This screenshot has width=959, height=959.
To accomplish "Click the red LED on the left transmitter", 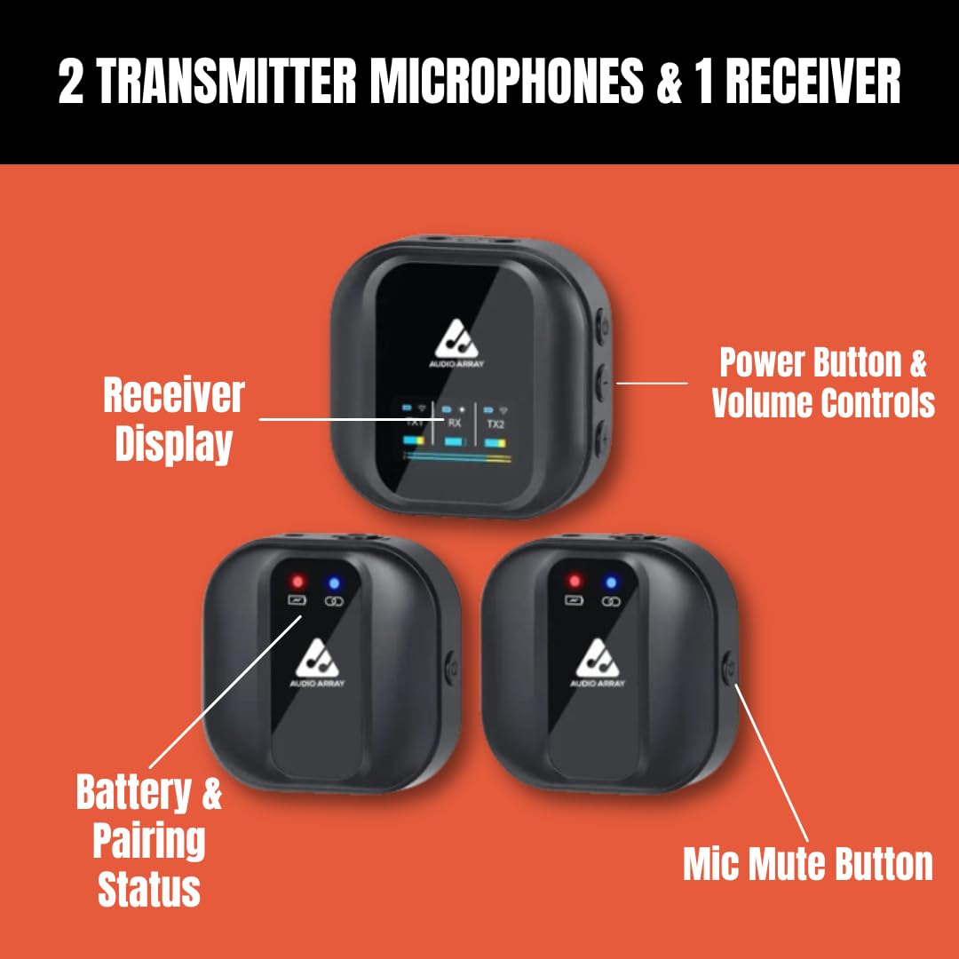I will click(x=297, y=582).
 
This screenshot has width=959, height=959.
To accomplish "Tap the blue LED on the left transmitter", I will click(x=335, y=583).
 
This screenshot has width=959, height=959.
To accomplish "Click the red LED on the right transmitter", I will click(x=574, y=582).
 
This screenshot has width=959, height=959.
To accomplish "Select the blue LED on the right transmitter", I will click(x=611, y=583).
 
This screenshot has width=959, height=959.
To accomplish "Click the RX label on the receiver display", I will click(x=455, y=424).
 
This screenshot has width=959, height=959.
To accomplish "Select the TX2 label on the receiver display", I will click(x=495, y=424).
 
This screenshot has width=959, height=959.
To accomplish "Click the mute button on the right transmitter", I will click(x=728, y=667).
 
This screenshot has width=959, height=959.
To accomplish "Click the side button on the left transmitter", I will click(x=450, y=667).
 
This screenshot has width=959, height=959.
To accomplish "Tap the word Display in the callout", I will click(x=173, y=443).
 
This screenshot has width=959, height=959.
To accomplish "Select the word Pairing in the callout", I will click(x=148, y=841).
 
